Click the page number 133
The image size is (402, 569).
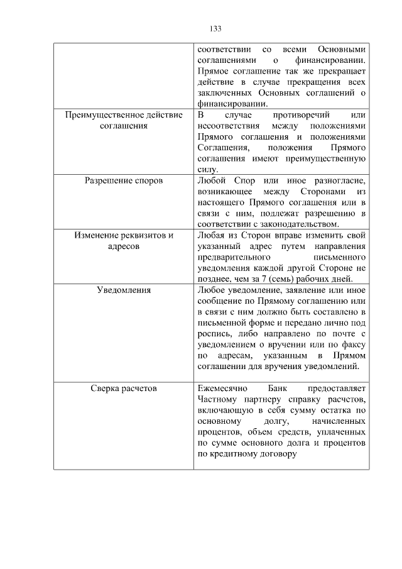[x=215, y=29]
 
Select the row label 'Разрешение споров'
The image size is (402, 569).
[x=124, y=180]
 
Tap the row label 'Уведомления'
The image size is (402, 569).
[x=124, y=290]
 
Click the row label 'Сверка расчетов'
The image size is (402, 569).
[x=124, y=388]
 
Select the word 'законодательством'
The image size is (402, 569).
[x=298, y=224]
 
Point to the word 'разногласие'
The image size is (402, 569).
[x=339, y=180]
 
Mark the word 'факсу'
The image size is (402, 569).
[x=353, y=345]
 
